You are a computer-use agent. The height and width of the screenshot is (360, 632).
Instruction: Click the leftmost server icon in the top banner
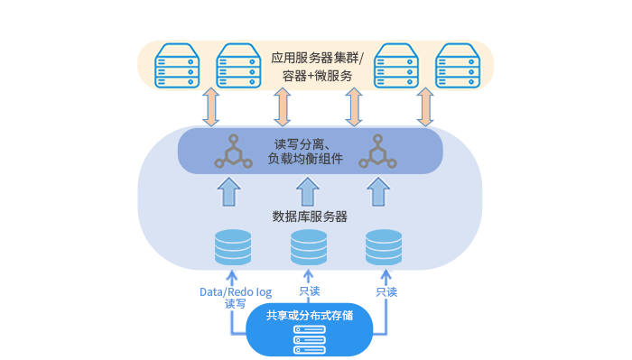tap(175, 64)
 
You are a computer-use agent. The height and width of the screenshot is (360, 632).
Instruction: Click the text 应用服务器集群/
tap(316, 57)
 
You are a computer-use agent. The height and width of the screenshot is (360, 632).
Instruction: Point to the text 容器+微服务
tap(316, 76)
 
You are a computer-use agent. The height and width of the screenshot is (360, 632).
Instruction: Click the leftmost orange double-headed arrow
tap(210, 107)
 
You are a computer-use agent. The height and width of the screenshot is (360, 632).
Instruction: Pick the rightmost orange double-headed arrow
tap(425, 107)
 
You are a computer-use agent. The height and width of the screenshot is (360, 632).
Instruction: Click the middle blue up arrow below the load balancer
tap(308, 191)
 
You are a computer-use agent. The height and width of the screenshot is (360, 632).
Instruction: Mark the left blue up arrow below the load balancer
tap(230, 191)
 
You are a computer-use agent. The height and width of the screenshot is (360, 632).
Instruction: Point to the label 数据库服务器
tap(310, 217)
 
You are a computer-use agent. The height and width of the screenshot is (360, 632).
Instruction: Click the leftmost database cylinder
tap(233, 247)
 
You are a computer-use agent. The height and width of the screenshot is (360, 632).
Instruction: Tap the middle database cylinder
tap(309, 247)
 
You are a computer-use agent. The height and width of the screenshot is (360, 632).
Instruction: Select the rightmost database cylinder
tap(384, 247)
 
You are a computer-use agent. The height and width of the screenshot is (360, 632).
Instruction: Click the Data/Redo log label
tap(235, 292)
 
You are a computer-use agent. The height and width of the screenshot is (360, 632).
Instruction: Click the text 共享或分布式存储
tap(310, 317)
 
